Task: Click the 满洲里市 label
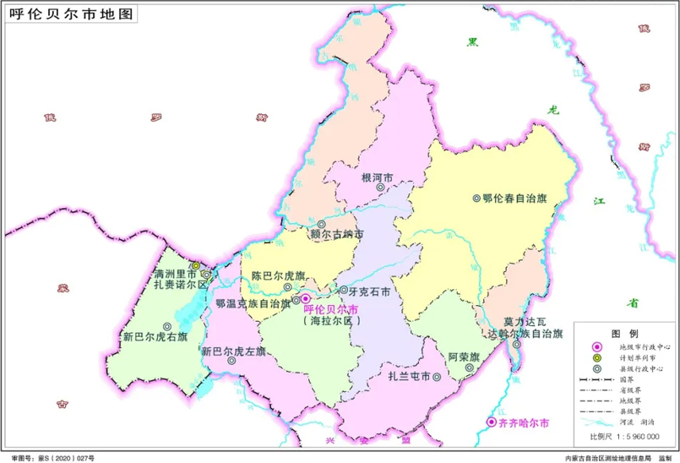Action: pos(175,275)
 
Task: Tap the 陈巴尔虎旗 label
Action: pos(277,276)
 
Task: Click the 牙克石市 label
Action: pos(369,291)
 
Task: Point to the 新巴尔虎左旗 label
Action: pos(232,351)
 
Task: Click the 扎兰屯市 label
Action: pos(409,376)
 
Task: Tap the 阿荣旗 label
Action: pos(464,357)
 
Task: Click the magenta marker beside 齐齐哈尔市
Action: pos(492,422)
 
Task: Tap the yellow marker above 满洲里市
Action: pos(195,265)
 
